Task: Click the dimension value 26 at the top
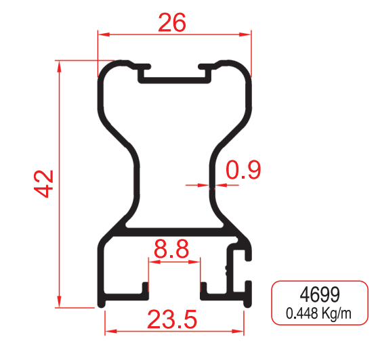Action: pos(172,22)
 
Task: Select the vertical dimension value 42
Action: pos(43,184)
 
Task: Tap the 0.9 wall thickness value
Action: pos(243,170)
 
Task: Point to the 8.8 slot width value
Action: pos(171,249)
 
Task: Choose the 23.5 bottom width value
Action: pos(172,319)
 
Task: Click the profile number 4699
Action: pos(320,294)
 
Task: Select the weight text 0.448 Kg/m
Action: pos(318,313)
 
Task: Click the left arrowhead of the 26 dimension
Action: pos(104,35)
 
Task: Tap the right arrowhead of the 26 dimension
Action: pos(245,35)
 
